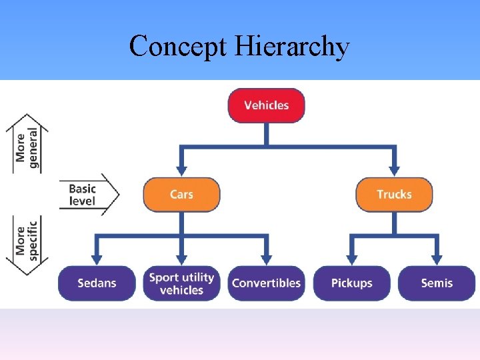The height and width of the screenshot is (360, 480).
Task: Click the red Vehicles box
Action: [x=266, y=105]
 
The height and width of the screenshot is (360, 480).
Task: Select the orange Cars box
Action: [x=181, y=195]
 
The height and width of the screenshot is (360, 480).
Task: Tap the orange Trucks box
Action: [x=394, y=195]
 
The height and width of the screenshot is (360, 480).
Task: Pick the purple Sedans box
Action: [x=97, y=283]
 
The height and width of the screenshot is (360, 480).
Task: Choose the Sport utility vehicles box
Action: [x=181, y=283]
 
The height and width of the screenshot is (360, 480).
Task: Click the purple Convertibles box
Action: [x=266, y=283]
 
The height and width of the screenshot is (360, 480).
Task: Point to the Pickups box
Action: [x=351, y=283]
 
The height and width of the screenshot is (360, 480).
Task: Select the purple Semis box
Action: [x=437, y=283]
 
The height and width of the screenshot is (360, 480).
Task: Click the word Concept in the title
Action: [x=177, y=47]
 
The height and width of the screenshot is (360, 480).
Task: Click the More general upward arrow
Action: [x=27, y=143]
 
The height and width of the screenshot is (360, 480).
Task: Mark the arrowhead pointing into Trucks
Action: [x=394, y=172]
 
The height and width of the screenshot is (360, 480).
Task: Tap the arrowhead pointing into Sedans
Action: [x=97, y=259]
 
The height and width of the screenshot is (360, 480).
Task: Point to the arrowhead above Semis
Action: [x=437, y=259]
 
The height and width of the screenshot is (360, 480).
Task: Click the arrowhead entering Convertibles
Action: [x=266, y=259]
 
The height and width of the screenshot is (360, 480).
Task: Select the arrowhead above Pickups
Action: [x=351, y=259]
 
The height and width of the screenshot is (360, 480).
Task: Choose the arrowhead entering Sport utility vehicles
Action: [x=181, y=259]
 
